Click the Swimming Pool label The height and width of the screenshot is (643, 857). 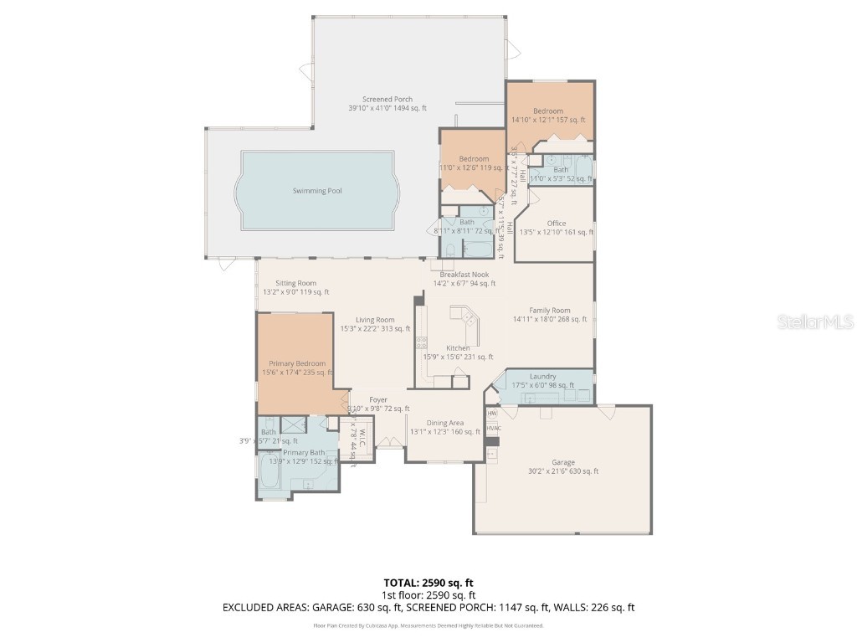(x=316, y=191)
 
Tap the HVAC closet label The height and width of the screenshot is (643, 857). (x=492, y=429)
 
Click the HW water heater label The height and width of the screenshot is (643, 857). (x=491, y=414)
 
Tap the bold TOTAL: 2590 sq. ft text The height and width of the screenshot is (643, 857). (x=428, y=583)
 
